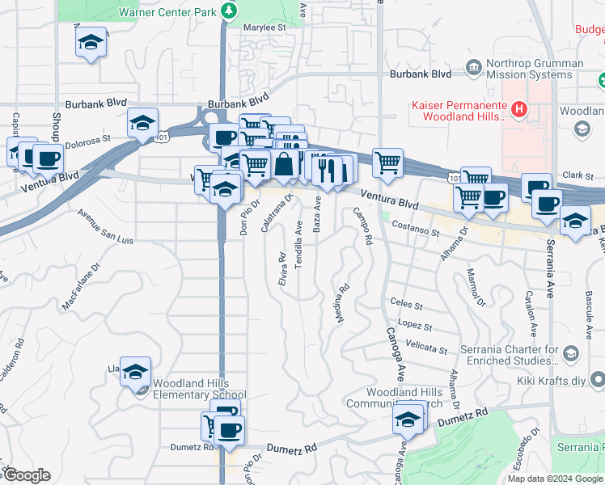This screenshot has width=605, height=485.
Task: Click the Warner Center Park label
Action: click(x=168, y=12)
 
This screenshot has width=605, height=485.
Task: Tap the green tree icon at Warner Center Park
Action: click(x=230, y=11)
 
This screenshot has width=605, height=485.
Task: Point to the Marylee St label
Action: click(x=270, y=27)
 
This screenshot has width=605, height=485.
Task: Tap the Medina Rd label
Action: click(x=342, y=302)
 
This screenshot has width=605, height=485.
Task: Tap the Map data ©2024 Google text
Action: click(x=555, y=479)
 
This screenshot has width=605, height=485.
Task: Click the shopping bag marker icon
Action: click(x=285, y=165)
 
